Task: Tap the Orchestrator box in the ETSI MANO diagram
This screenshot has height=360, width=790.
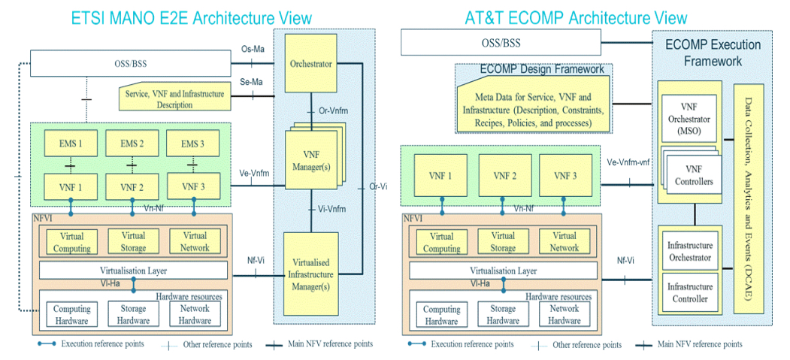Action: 311,65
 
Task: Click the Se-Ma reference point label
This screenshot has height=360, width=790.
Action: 252,82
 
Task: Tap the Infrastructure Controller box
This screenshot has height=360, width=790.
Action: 689,292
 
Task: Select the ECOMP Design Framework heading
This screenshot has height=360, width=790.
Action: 541,70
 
